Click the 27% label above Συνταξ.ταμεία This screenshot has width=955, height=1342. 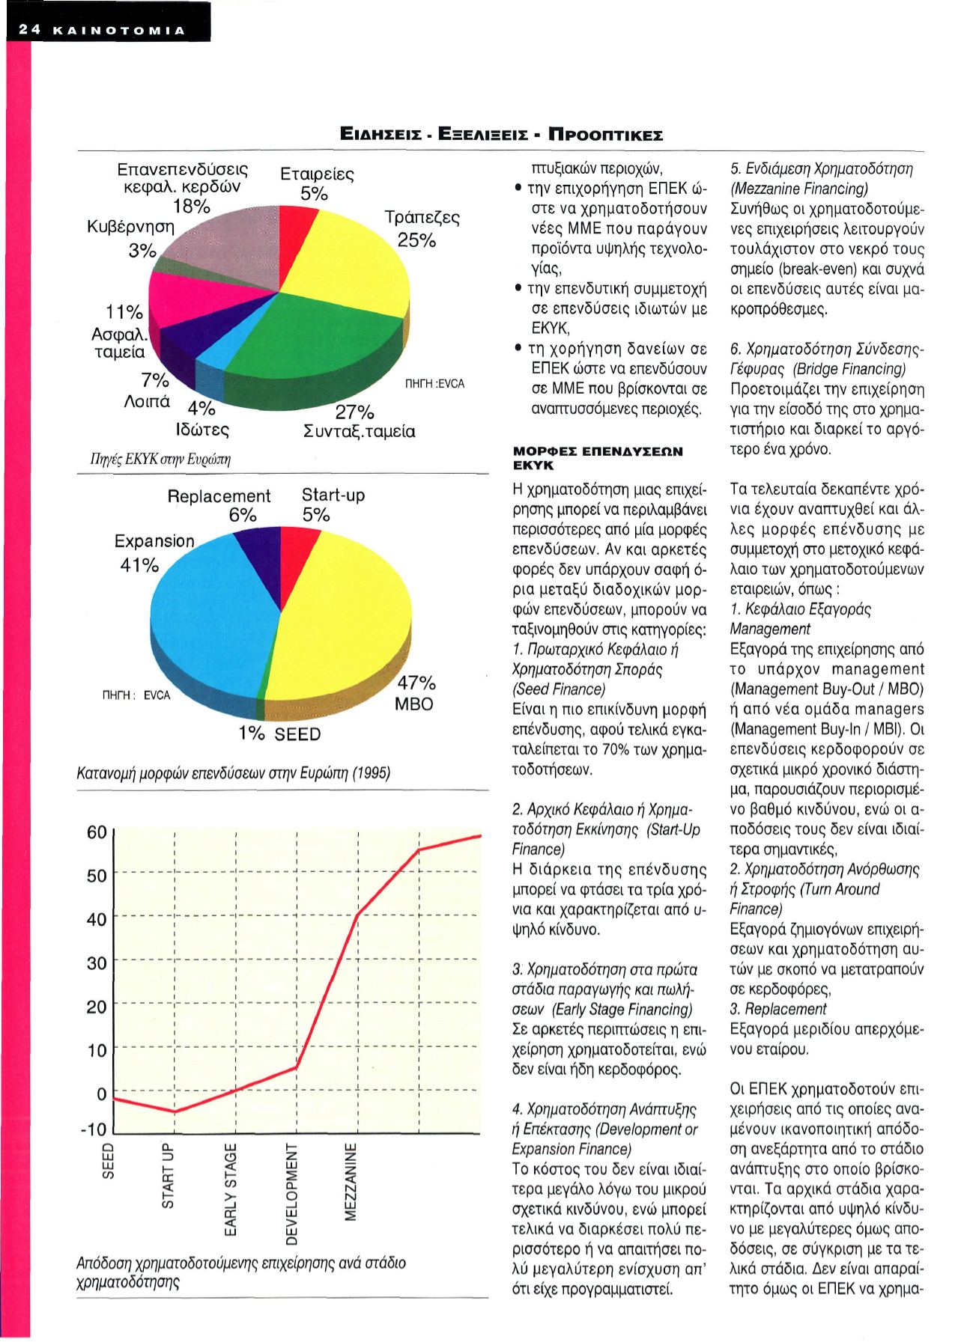click(354, 412)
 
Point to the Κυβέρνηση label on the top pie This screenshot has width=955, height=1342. click(130, 227)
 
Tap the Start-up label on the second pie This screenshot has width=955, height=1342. click(333, 495)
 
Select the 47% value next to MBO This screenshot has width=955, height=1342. click(416, 683)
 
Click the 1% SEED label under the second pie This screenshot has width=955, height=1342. click(279, 734)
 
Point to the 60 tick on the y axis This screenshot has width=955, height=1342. click(97, 832)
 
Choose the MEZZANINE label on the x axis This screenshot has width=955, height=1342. click(352, 1182)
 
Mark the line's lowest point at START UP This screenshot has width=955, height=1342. click(174, 1111)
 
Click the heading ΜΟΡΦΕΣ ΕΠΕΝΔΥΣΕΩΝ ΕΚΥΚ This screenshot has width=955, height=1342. click(598, 458)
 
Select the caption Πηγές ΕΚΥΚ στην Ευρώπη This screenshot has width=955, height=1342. click(154, 459)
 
